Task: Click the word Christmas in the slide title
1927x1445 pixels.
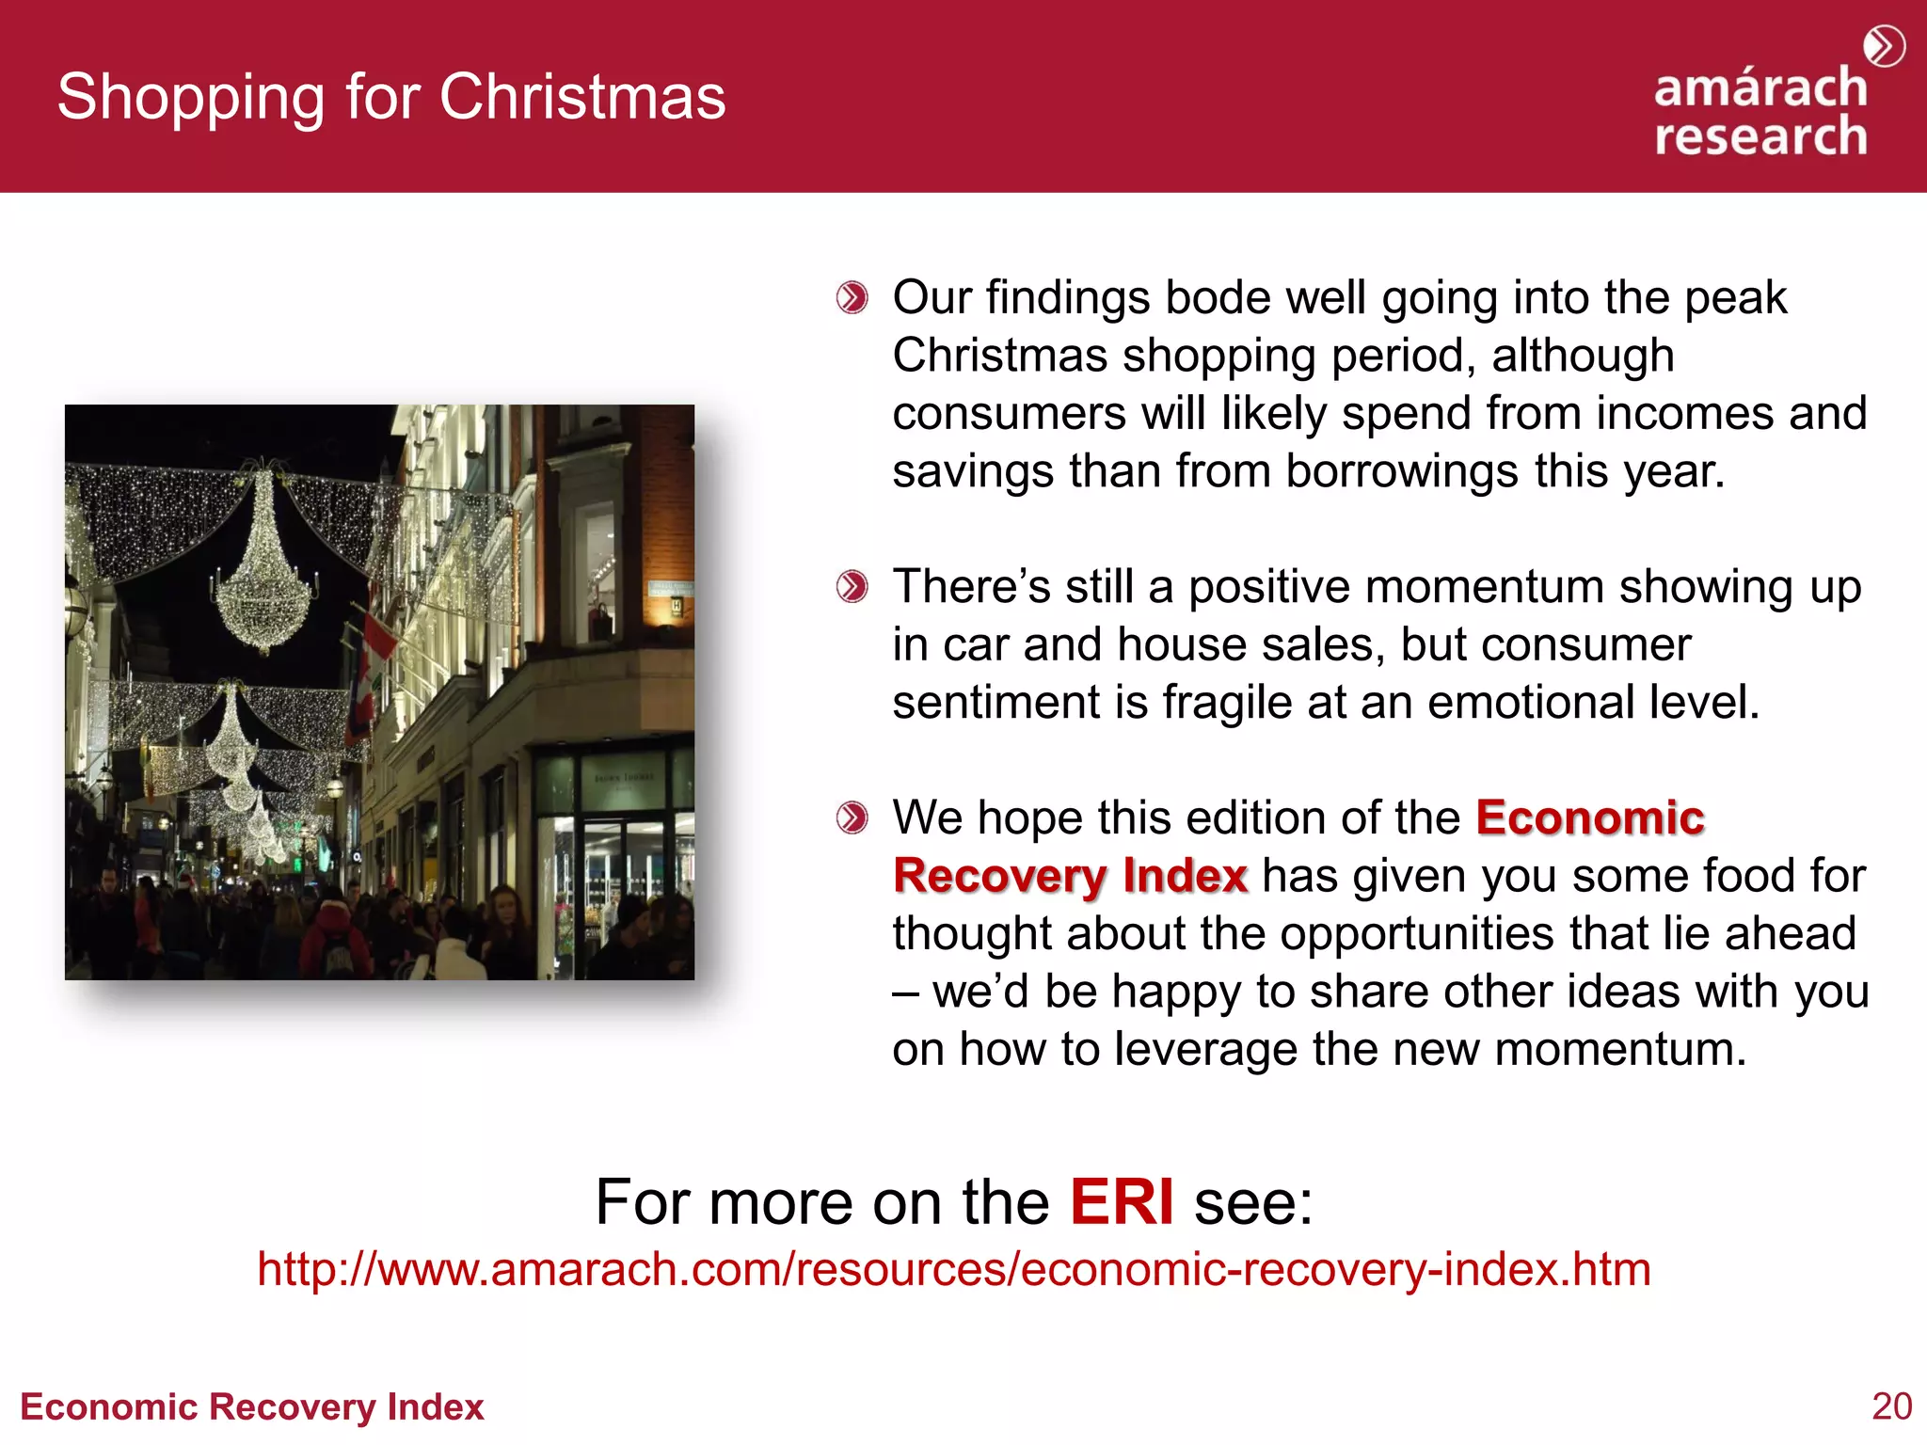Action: click(x=582, y=97)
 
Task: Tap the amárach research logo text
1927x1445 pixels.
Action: click(x=1760, y=112)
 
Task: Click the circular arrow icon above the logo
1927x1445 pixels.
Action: click(x=1884, y=46)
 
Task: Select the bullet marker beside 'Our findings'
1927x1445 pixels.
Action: click(x=852, y=298)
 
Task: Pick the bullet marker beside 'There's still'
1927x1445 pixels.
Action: click(x=852, y=587)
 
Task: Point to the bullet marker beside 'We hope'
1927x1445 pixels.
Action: click(x=852, y=818)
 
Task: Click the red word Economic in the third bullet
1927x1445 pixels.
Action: click(x=1590, y=818)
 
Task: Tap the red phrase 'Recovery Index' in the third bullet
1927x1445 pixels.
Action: click(x=1070, y=876)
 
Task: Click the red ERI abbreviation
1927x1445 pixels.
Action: click(x=1122, y=1201)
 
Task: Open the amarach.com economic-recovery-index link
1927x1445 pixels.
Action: click(x=954, y=1269)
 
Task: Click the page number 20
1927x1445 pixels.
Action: click(x=1891, y=1406)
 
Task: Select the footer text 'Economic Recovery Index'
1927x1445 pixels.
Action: click(x=252, y=1406)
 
